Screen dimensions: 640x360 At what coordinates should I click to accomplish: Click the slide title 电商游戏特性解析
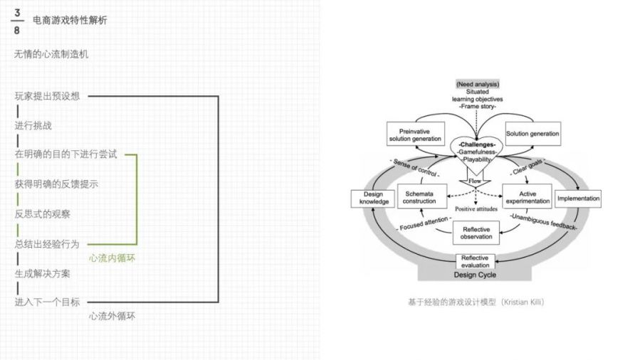70,21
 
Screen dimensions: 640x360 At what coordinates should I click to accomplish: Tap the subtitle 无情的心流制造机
51,54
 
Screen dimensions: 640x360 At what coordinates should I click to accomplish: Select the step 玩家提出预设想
48,96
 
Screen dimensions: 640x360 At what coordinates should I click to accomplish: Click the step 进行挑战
33,125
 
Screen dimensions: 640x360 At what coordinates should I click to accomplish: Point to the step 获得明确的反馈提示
56,184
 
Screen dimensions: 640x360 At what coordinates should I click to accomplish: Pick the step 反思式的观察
43,214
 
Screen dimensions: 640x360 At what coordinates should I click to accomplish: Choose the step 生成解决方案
43,274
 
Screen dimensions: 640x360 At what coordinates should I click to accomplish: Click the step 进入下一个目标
48,302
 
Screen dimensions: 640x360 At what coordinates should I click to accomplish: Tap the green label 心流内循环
112,258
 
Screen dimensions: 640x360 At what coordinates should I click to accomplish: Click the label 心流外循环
112,316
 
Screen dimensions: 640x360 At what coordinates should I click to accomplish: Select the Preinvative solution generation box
416,134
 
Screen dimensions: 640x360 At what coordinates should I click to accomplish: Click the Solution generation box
533,133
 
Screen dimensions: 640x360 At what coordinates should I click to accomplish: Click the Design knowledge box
373,198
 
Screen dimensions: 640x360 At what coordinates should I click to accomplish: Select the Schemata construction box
422,197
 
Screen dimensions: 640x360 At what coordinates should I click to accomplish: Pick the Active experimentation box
528,197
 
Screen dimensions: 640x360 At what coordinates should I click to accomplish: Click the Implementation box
578,198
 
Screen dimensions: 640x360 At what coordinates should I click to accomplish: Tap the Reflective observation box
476,233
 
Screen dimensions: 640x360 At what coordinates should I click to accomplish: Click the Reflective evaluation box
475,261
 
